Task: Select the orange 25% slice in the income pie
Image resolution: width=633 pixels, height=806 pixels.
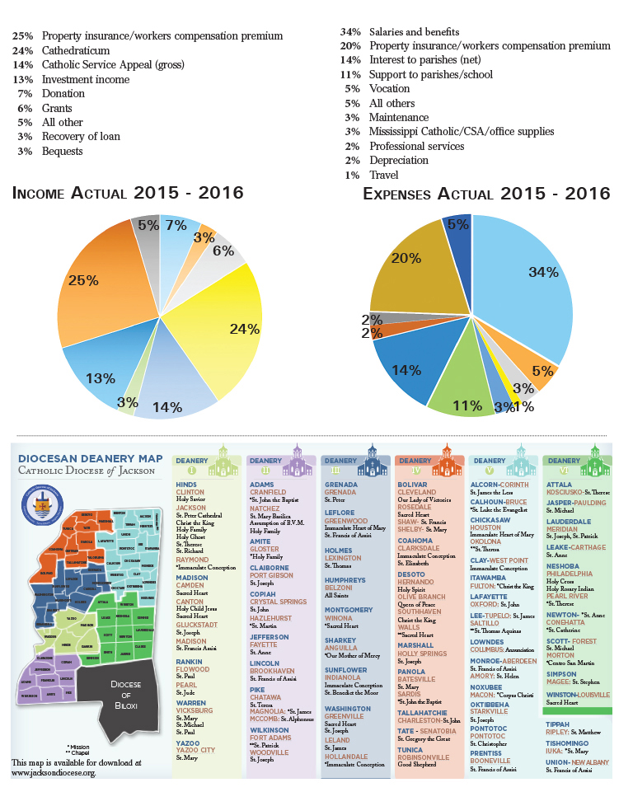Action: coord(91,280)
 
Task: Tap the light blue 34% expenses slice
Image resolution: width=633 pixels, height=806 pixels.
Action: coord(527,280)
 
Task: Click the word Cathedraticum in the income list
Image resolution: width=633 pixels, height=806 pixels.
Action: coord(76,50)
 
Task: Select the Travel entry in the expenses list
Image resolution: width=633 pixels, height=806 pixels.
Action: coord(384,175)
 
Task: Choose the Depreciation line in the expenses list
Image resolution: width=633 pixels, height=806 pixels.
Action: coord(399,161)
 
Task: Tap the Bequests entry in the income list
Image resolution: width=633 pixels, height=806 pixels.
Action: coord(63,152)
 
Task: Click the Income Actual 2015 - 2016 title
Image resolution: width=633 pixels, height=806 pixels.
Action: coord(128,194)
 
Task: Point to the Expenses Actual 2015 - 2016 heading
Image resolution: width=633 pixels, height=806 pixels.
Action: coord(486,194)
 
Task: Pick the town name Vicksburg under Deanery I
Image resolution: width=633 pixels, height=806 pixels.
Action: coord(195,710)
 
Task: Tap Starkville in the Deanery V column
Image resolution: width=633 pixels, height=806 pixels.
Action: coord(489,711)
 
